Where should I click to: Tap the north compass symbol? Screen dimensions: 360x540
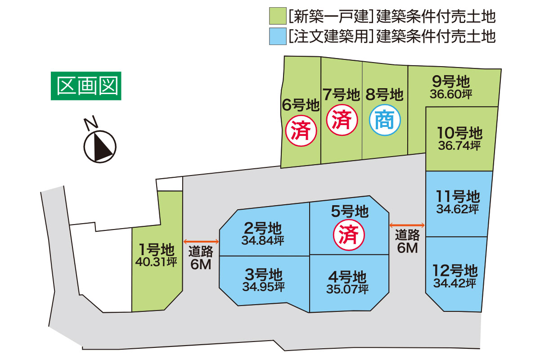pos(100,144)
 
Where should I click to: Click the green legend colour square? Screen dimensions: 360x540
pos(277,17)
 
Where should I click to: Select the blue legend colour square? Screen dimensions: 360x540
pos(277,36)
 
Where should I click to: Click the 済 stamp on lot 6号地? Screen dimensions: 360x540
pos(301,131)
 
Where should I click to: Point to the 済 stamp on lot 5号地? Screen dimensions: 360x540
pos(348,235)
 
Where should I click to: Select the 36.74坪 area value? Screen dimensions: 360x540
pos(459,145)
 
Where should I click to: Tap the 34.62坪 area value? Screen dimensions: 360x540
pos(457,209)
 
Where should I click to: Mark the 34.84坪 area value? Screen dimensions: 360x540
pos(263,241)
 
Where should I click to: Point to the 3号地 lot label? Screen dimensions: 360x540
pos(263,274)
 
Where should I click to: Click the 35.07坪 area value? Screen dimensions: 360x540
pos(347,288)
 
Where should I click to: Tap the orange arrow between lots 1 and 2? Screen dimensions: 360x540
pos(201,242)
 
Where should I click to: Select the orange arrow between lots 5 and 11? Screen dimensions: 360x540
pos(407,225)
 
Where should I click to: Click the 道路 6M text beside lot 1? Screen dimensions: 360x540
pos(201,258)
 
